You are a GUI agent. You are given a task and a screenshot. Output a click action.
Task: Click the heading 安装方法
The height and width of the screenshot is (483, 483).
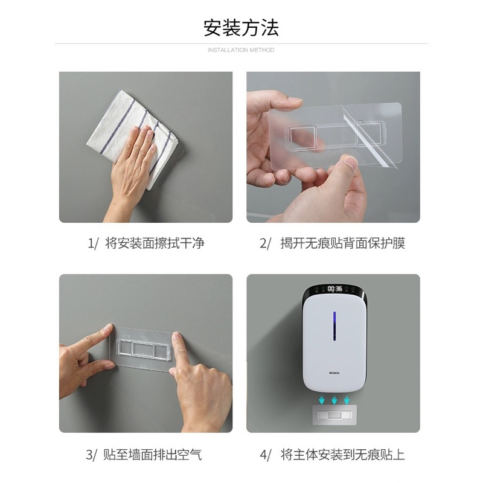[241, 28]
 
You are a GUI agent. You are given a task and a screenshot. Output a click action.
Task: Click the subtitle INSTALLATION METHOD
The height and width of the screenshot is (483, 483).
[241, 50]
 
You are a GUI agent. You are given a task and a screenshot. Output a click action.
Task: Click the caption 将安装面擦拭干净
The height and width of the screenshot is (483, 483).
[155, 243]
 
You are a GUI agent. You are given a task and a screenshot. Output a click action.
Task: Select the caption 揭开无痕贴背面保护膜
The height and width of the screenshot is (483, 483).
[342, 243]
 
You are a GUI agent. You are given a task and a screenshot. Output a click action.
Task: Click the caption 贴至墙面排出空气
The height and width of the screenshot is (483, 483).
[153, 455]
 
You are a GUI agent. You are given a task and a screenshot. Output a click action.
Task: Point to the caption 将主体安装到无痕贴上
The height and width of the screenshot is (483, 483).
[342, 455]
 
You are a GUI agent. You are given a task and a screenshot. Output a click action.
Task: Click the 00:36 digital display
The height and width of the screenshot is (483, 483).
[335, 289]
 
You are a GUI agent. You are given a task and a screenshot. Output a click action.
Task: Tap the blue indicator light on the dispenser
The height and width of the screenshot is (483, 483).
[334, 327]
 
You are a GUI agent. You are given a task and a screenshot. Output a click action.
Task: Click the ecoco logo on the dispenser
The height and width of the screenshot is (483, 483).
[334, 373]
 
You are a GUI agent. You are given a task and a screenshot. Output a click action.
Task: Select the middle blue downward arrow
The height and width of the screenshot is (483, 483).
[334, 400]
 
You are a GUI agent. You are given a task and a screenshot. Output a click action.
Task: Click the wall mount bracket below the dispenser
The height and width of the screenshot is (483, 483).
[334, 415]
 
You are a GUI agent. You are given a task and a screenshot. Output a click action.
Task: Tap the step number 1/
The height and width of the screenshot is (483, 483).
[93, 243]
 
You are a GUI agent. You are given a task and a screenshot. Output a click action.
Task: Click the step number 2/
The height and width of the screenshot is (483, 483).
[265, 243]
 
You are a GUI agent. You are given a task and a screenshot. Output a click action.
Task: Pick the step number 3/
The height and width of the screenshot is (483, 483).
[92, 455]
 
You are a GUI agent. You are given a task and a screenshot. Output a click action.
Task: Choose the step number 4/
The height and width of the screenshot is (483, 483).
[266, 455]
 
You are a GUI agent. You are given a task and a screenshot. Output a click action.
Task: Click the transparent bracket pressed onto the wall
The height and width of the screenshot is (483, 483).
[142, 350]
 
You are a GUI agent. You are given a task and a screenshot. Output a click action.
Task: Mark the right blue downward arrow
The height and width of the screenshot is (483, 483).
[347, 400]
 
